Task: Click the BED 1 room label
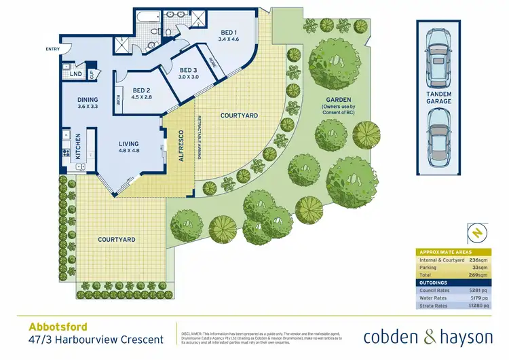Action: (x=228, y=33)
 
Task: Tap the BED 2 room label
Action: (x=141, y=90)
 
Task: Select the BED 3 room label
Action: (x=188, y=70)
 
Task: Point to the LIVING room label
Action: (x=128, y=144)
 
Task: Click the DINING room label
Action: (x=88, y=99)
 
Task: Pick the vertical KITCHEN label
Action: (x=79, y=145)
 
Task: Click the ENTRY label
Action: (x=52, y=49)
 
